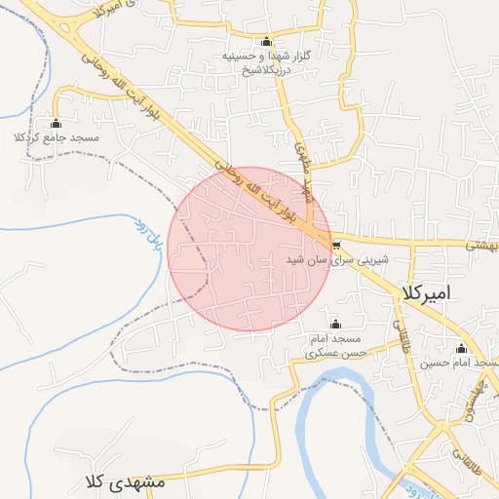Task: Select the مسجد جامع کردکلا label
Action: coord(57,138)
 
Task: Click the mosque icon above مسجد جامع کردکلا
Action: coord(56,124)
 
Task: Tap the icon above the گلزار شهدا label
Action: coord(267,41)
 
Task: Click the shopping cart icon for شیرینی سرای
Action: coord(336,246)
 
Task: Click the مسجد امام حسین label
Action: coord(460,364)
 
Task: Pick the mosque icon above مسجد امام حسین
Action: coord(461,348)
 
